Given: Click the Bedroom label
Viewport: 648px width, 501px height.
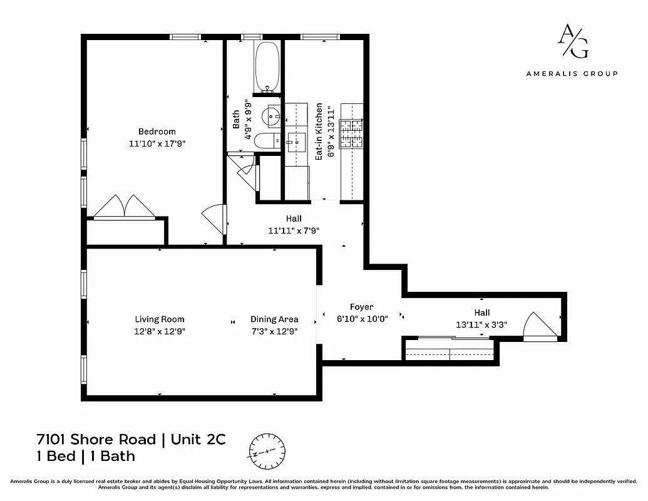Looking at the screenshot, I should [x=157, y=132].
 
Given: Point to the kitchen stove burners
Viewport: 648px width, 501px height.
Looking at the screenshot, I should [x=351, y=133].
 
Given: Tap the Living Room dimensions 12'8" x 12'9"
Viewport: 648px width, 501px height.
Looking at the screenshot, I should [x=160, y=331].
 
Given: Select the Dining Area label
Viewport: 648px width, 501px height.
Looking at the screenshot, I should [x=274, y=319].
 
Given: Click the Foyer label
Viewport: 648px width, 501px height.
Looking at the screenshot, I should [x=361, y=307].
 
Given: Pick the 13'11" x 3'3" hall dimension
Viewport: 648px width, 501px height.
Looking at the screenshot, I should [x=481, y=324].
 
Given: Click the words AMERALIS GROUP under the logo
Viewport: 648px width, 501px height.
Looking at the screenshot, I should [x=572, y=73].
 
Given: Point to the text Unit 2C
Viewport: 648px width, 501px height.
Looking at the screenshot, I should [x=198, y=439].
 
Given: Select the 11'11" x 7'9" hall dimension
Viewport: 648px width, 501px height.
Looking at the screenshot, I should [x=294, y=230].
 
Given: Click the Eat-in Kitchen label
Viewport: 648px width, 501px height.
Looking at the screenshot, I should [x=319, y=132].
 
